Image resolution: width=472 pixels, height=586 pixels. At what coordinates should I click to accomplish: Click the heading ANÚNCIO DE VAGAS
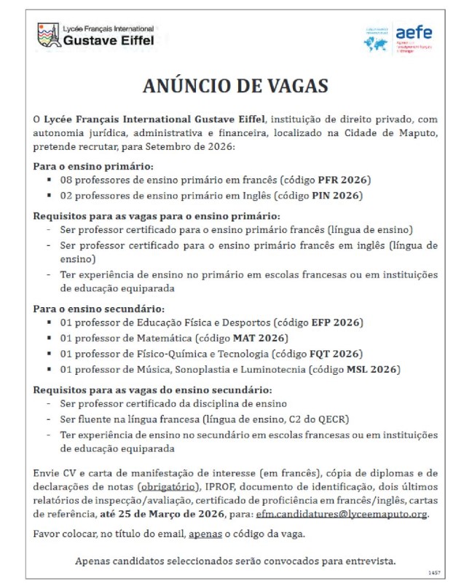[x=236, y=85]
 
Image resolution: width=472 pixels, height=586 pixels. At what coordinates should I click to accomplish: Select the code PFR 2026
[x=344, y=179]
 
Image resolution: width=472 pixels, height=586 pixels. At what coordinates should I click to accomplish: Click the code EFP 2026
[x=337, y=322]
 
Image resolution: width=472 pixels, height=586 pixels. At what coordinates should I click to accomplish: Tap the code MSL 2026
[x=374, y=370]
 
